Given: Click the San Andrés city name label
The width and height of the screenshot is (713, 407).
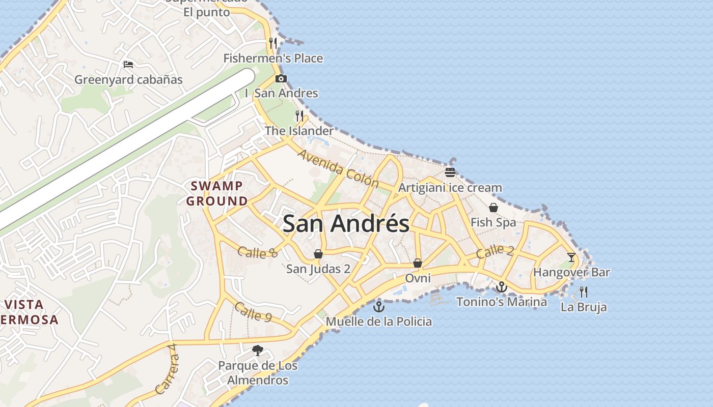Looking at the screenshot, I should (346, 224).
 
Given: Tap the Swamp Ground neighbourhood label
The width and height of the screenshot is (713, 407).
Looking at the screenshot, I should (217, 193).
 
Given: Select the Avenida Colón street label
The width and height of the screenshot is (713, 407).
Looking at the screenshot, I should (338, 168).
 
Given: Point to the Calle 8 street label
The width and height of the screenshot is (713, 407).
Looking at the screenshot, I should (258, 252).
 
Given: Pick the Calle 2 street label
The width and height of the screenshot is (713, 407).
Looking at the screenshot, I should (495, 251).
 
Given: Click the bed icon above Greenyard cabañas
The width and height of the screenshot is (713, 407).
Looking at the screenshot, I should (128, 65).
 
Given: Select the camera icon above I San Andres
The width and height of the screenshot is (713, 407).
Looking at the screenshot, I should (281, 78).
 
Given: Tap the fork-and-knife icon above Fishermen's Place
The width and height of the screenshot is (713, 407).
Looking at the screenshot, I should (273, 43).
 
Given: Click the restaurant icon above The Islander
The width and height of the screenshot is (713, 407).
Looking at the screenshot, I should (299, 116).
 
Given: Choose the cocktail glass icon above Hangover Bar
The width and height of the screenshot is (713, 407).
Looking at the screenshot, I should (571, 257).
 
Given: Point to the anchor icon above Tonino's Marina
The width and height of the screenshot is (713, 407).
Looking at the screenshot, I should (502, 287).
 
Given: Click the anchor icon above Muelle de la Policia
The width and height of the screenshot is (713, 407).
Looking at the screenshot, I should (378, 306).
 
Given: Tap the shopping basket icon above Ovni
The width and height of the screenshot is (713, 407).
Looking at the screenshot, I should (418, 263).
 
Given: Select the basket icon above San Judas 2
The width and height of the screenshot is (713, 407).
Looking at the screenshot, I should (318, 253).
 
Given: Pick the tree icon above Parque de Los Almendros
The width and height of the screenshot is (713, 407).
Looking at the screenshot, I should (258, 350).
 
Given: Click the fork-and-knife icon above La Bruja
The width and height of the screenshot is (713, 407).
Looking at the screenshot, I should (584, 292).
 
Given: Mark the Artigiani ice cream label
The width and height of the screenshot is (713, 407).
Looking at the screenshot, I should (450, 188).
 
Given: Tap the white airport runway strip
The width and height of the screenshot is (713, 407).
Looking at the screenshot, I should (127, 148).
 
